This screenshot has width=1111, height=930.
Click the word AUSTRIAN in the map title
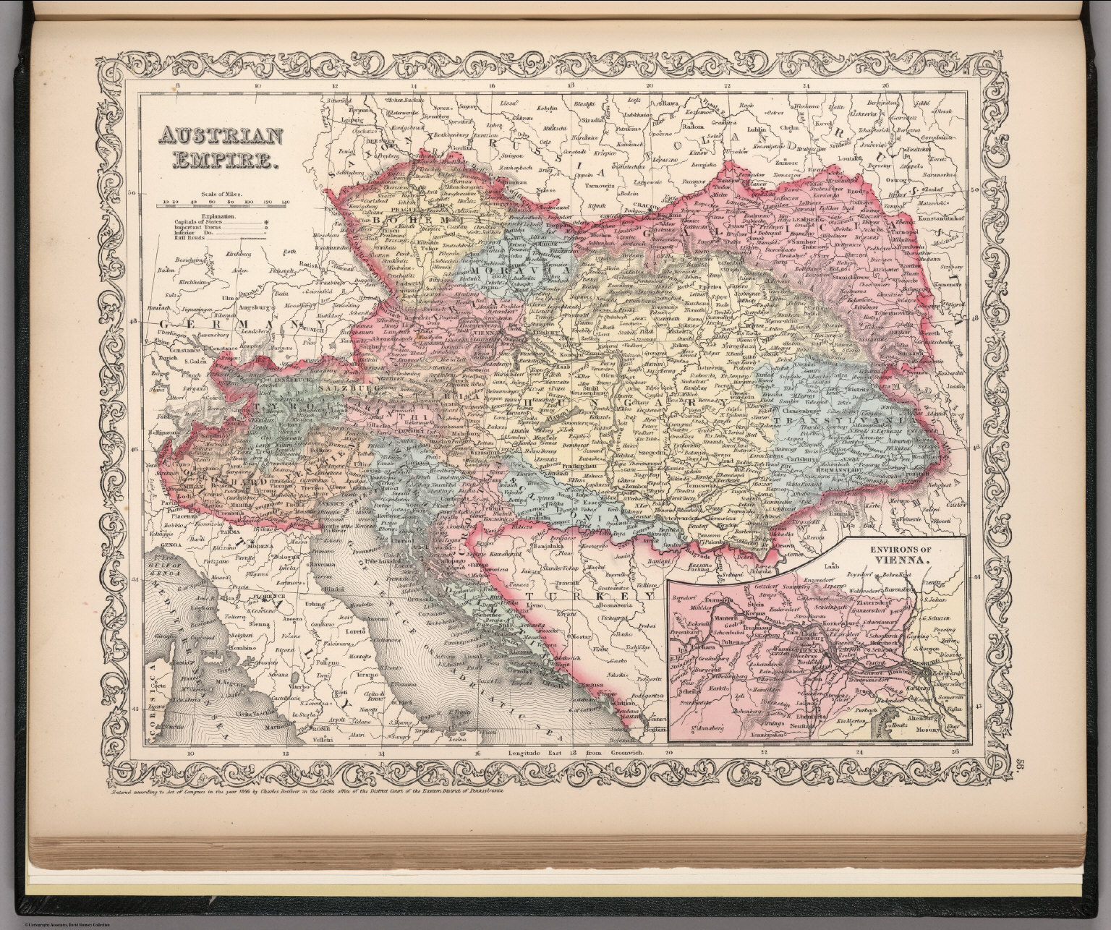point(203,137)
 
